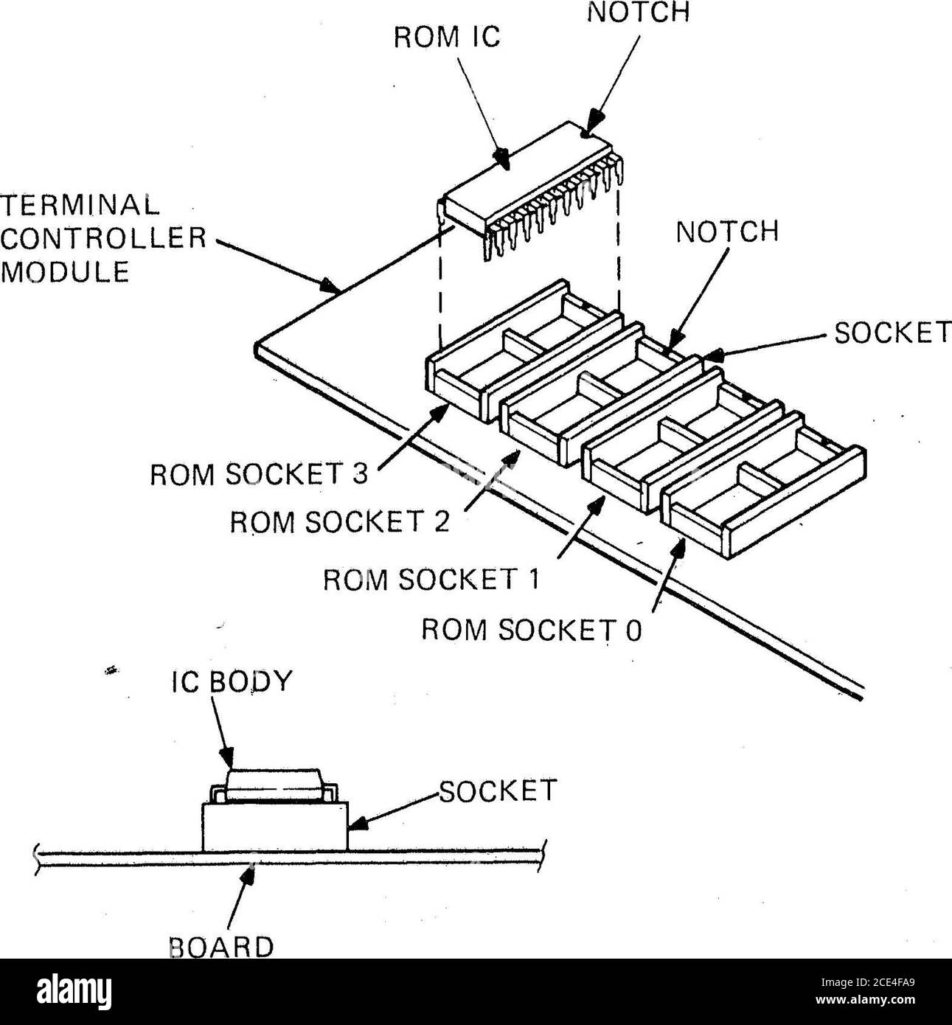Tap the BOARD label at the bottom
[x=221, y=946]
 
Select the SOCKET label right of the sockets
[x=891, y=334]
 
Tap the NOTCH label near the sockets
[x=726, y=232]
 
